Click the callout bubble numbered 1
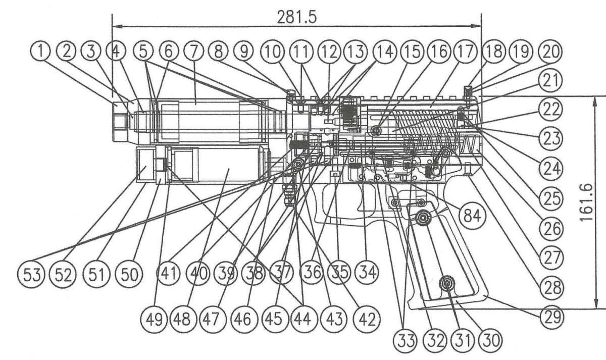click(40, 52)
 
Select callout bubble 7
click(193, 52)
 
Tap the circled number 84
click(472, 216)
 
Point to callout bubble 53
click(32, 275)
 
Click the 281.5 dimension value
click(296, 18)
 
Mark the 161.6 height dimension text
click(587, 202)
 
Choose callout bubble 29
click(552, 317)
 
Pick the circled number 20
click(550, 52)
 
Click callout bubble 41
click(168, 273)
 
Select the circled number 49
click(154, 320)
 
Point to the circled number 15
click(412, 52)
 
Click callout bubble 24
click(551, 169)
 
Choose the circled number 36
click(313, 272)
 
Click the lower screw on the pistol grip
click(447, 283)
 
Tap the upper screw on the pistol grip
click(423, 217)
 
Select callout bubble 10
click(273, 52)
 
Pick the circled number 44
click(302, 320)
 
